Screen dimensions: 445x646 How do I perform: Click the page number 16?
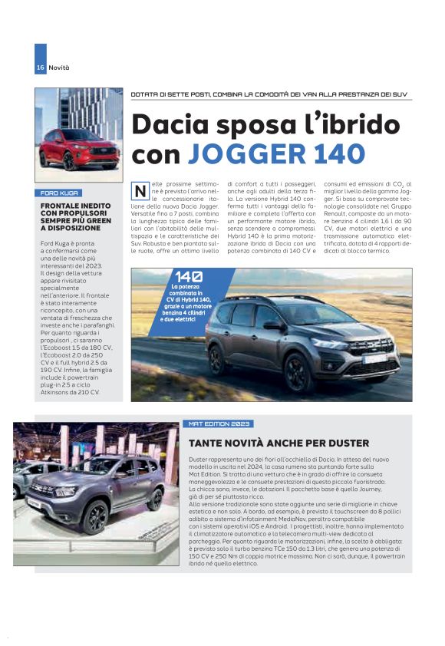(x=40, y=68)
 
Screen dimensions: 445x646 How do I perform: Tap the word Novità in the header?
(x=59, y=68)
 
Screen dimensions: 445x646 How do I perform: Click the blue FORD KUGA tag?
(x=61, y=193)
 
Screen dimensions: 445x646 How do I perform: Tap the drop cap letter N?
(x=140, y=190)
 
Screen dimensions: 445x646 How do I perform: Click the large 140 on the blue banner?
(x=189, y=277)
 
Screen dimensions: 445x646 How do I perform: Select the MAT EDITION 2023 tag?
(x=219, y=424)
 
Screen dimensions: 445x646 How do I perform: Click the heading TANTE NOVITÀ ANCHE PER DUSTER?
(x=279, y=443)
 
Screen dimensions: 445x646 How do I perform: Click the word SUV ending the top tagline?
(x=399, y=95)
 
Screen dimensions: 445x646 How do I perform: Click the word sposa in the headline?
(x=246, y=124)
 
